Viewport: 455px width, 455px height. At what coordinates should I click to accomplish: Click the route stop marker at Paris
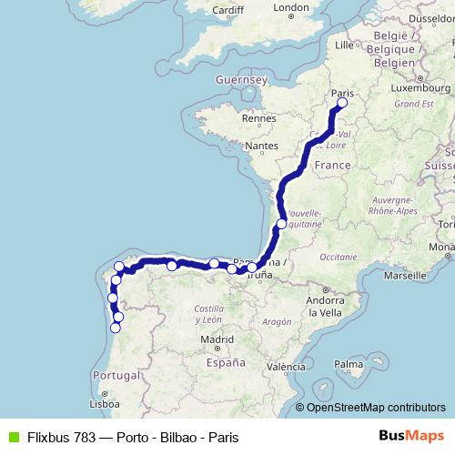[x=342, y=104]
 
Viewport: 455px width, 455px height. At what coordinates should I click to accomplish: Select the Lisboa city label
[x=105, y=403]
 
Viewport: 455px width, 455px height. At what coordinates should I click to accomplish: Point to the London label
[x=291, y=8]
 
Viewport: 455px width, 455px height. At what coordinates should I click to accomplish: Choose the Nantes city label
[x=261, y=146]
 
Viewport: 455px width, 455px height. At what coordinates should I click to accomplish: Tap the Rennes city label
[x=258, y=118]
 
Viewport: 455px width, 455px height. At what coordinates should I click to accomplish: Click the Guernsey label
[x=241, y=80]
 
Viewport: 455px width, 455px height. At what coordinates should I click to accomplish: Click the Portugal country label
[x=116, y=375]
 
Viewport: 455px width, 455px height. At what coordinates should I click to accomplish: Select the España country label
[x=226, y=361]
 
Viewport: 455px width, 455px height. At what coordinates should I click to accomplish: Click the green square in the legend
[x=12, y=437]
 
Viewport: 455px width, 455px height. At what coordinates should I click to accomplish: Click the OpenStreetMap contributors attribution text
[x=376, y=408]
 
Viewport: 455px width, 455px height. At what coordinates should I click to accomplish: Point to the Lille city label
[x=344, y=44]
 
